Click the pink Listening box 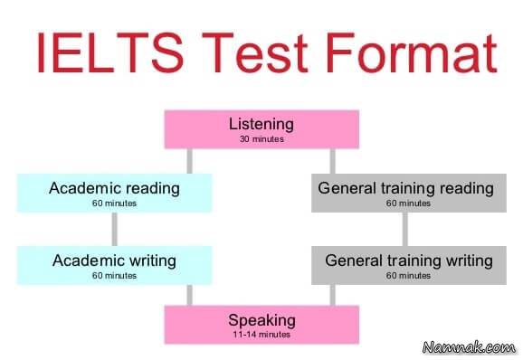pyautogui.click(x=261, y=129)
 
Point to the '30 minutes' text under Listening pyautogui.click(x=261, y=139)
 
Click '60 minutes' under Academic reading pyautogui.click(x=114, y=204)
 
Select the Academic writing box pyautogui.click(x=114, y=265)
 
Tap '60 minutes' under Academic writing pyautogui.click(x=114, y=275)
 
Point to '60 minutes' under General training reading pyautogui.click(x=405, y=204)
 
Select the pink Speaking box pyautogui.click(x=261, y=324)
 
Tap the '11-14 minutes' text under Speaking pyautogui.click(x=261, y=334)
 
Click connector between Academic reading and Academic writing pyautogui.click(x=114, y=229)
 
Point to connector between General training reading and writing pyautogui.click(x=404, y=229)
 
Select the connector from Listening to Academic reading pyautogui.click(x=189, y=161)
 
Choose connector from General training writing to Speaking pyautogui.click(x=334, y=295)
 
